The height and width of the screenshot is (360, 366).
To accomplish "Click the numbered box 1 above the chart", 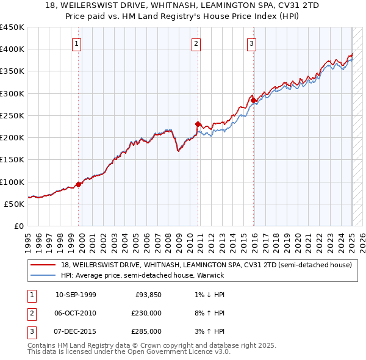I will (77, 43).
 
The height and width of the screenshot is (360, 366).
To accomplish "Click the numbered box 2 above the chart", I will (196, 43).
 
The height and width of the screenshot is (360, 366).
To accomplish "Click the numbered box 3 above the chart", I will (251, 43).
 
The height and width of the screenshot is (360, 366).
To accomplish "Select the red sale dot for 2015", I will (254, 100).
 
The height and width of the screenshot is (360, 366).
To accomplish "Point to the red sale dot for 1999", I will (79, 184).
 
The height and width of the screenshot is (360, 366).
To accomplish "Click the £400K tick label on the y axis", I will (12, 49).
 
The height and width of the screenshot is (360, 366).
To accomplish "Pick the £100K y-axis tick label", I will (12, 182).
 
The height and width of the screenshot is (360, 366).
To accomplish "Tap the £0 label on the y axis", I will (18, 226).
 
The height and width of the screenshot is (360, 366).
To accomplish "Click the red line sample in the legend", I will (43, 265).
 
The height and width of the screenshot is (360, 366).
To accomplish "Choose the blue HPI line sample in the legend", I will (43, 275).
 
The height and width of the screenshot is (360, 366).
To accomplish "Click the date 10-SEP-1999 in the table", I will (76, 295).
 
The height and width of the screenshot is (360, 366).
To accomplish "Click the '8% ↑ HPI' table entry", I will (207, 313).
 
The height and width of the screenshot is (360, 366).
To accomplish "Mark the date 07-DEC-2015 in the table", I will (76, 331).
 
